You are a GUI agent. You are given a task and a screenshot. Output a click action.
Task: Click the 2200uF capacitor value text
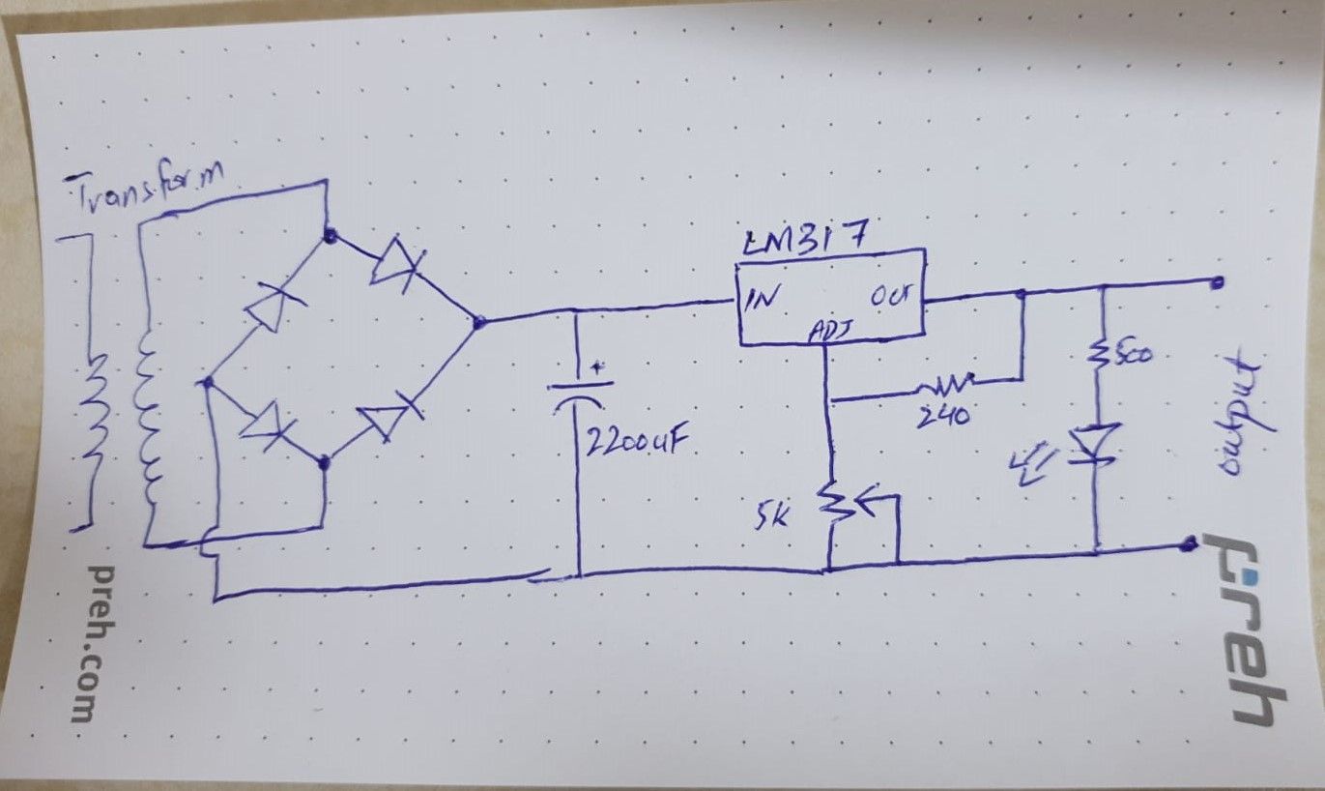634,447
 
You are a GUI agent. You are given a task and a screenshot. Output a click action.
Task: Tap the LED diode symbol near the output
1099,445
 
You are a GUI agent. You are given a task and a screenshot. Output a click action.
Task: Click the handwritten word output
1233,414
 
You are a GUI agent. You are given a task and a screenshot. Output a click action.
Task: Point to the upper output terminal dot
1218,282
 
